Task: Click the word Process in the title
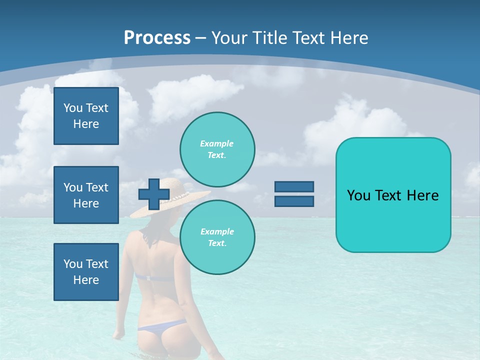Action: [x=157, y=37]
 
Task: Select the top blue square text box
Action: [x=86, y=116]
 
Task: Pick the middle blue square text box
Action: [x=86, y=195]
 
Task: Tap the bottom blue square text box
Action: [x=86, y=272]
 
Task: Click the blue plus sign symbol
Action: [x=153, y=194]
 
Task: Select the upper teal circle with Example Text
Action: [x=217, y=149]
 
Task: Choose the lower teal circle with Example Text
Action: [x=217, y=237]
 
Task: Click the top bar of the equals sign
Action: [x=294, y=187]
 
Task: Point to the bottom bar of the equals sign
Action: [x=294, y=201]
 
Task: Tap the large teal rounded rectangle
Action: [x=393, y=195]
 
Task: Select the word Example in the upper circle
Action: [x=216, y=143]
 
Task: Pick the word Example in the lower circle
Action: [x=217, y=231]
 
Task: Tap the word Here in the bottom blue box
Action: [x=86, y=280]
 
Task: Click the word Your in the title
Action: [x=229, y=37]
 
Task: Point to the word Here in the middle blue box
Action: [x=86, y=203]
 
